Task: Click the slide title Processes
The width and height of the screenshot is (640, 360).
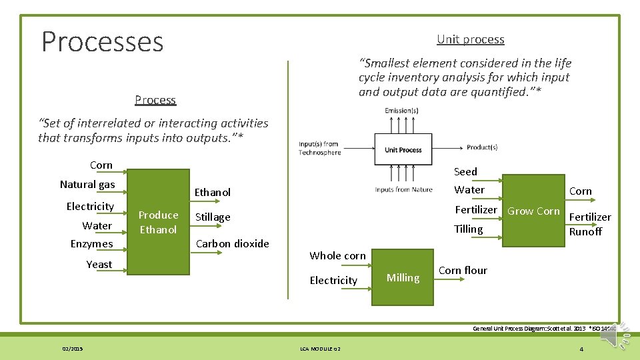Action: pos(102,41)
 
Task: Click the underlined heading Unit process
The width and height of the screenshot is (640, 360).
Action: pos(470,39)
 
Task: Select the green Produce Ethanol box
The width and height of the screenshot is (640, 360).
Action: pos(158,222)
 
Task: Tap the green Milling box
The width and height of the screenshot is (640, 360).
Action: pos(403,278)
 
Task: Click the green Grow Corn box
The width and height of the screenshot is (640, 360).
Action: pos(533,211)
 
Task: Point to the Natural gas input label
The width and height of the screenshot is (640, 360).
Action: pos(87,185)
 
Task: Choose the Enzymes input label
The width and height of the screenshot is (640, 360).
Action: pos(91,244)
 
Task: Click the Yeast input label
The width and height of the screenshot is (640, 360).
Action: pos(99,265)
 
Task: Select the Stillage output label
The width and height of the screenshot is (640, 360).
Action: pos(213,217)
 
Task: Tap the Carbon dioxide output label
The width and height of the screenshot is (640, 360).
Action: pos(232,244)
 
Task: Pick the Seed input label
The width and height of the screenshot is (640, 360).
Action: pos(465,172)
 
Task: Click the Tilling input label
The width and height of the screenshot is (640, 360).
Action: pos(468,229)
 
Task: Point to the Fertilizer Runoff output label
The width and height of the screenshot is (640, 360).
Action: pos(589,224)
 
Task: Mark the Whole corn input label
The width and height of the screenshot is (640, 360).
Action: pos(337,256)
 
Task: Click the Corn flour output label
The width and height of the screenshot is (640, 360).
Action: pos(463,271)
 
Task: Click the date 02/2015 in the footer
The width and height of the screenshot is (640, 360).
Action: pos(71,349)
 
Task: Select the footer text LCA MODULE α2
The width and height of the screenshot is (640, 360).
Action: pos(319,349)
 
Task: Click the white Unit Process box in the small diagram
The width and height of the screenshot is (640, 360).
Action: pos(403,149)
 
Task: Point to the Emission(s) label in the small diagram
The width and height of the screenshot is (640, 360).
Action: pos(401,111)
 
